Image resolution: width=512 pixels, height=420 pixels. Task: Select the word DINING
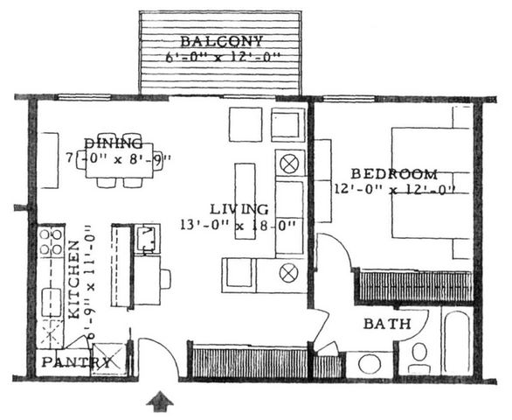tap(114, 142)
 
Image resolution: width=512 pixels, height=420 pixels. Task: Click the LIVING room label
tap(239, 209)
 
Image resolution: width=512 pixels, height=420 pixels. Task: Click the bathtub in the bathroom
tap(454, 344)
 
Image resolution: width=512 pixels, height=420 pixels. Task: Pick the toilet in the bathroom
tap(419, 354)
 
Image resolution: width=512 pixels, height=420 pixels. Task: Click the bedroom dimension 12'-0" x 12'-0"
tap(396, 188)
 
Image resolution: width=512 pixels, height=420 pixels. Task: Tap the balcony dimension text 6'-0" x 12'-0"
tap(222, 59)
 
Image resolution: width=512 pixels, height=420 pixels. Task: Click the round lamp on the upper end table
tap(289, 163)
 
